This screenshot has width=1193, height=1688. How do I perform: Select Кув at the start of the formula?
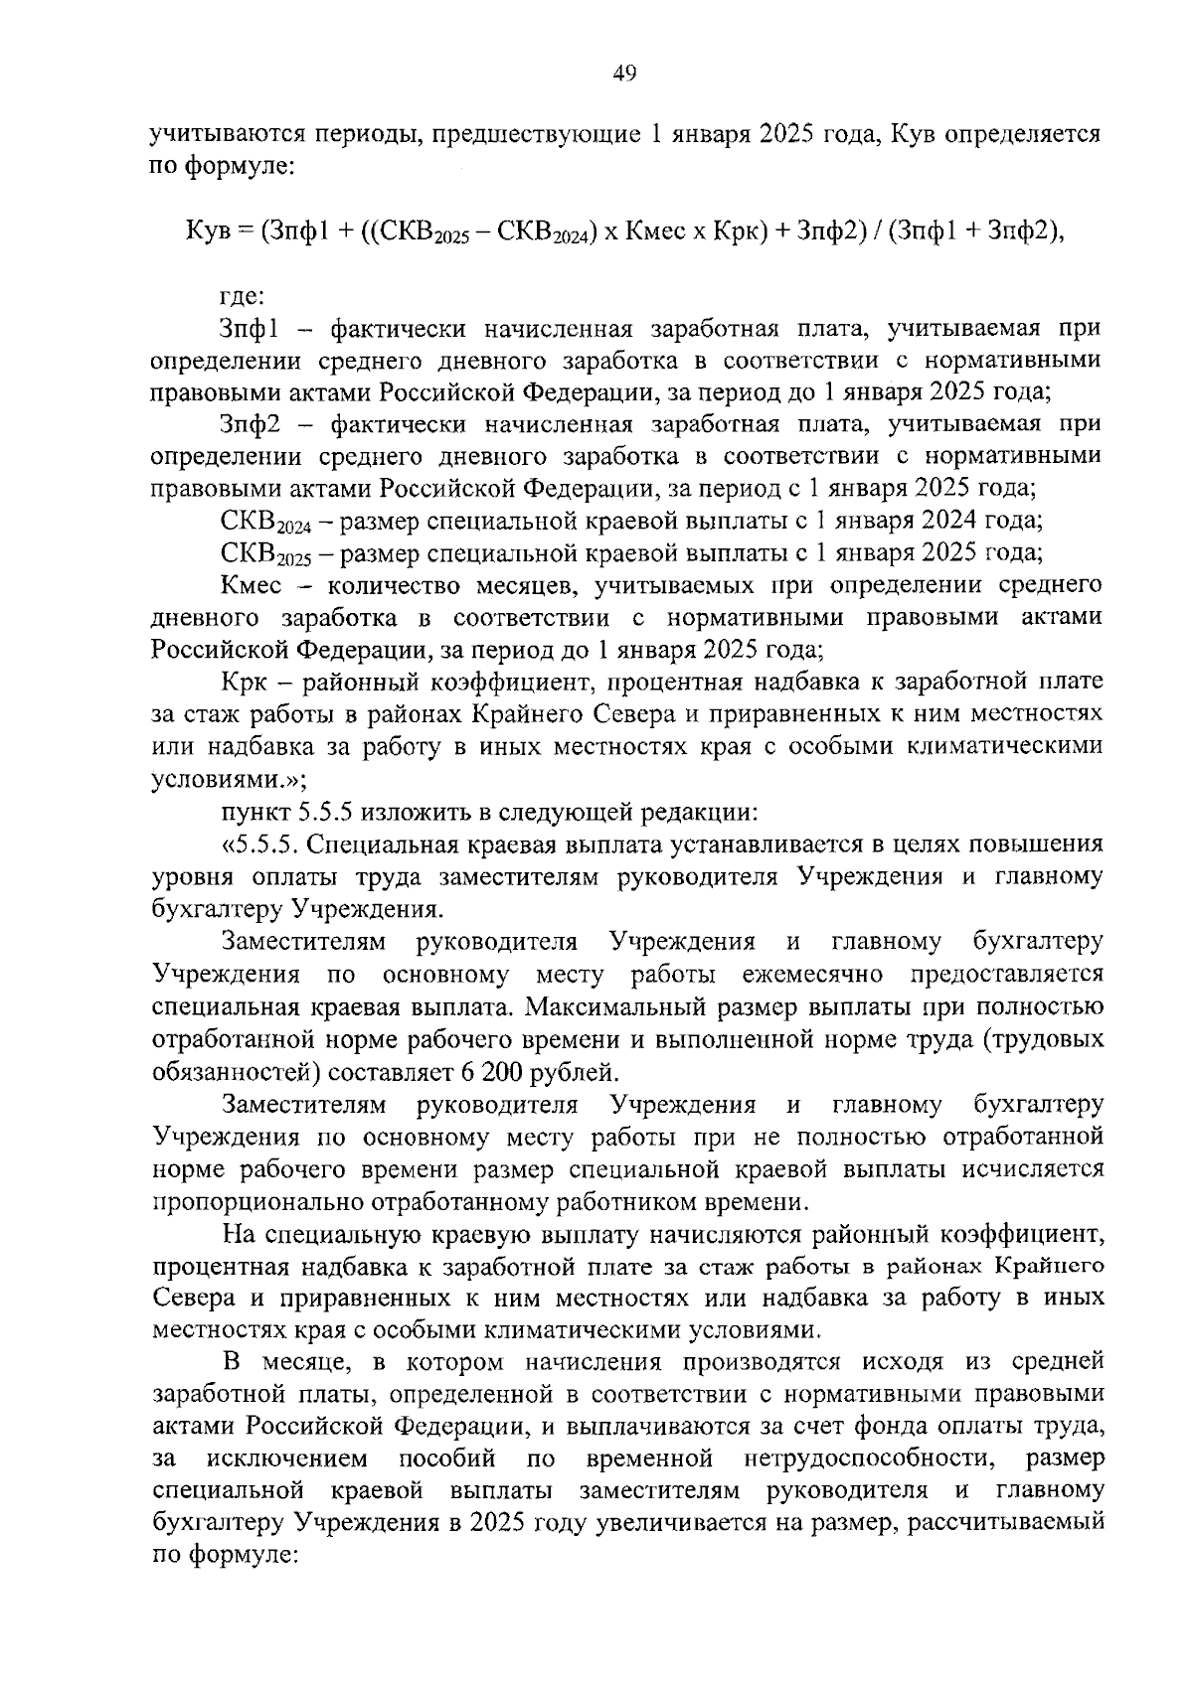(x=208, y=231)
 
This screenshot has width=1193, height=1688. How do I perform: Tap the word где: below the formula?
(x=241, y=295)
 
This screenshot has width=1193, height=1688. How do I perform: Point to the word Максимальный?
(x=614, y=1006)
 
